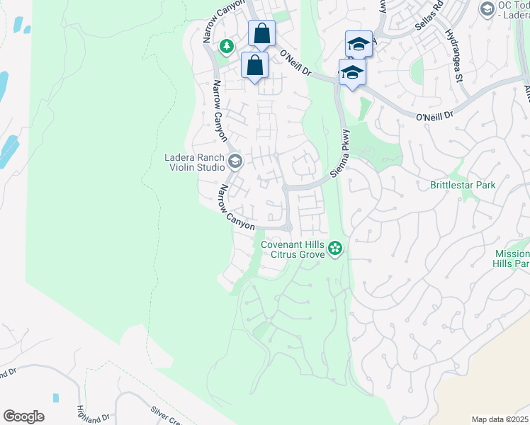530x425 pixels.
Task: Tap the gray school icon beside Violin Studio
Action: click(x=235, y=162)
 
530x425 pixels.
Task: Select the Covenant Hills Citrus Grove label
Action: click(x=293, y=250)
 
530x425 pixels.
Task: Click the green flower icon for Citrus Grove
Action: click(x=336, y=249)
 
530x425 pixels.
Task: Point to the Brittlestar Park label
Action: click(x=463, y=185)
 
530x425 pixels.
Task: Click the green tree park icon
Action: click(x=227, y=47)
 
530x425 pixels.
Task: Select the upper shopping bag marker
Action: click(x=261, y=33)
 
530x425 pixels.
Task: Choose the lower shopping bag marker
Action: click(x=255, y=65)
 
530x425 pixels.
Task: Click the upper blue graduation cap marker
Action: click(x=359, y=43)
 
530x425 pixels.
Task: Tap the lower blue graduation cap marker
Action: click(x=352, y=72)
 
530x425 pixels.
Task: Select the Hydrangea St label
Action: click(x=453, y=55)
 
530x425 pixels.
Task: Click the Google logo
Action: click(x=23, y=416)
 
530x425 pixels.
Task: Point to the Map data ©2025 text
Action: click(x=500, y=419)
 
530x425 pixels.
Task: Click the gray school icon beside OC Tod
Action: click(x=487, y=8)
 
